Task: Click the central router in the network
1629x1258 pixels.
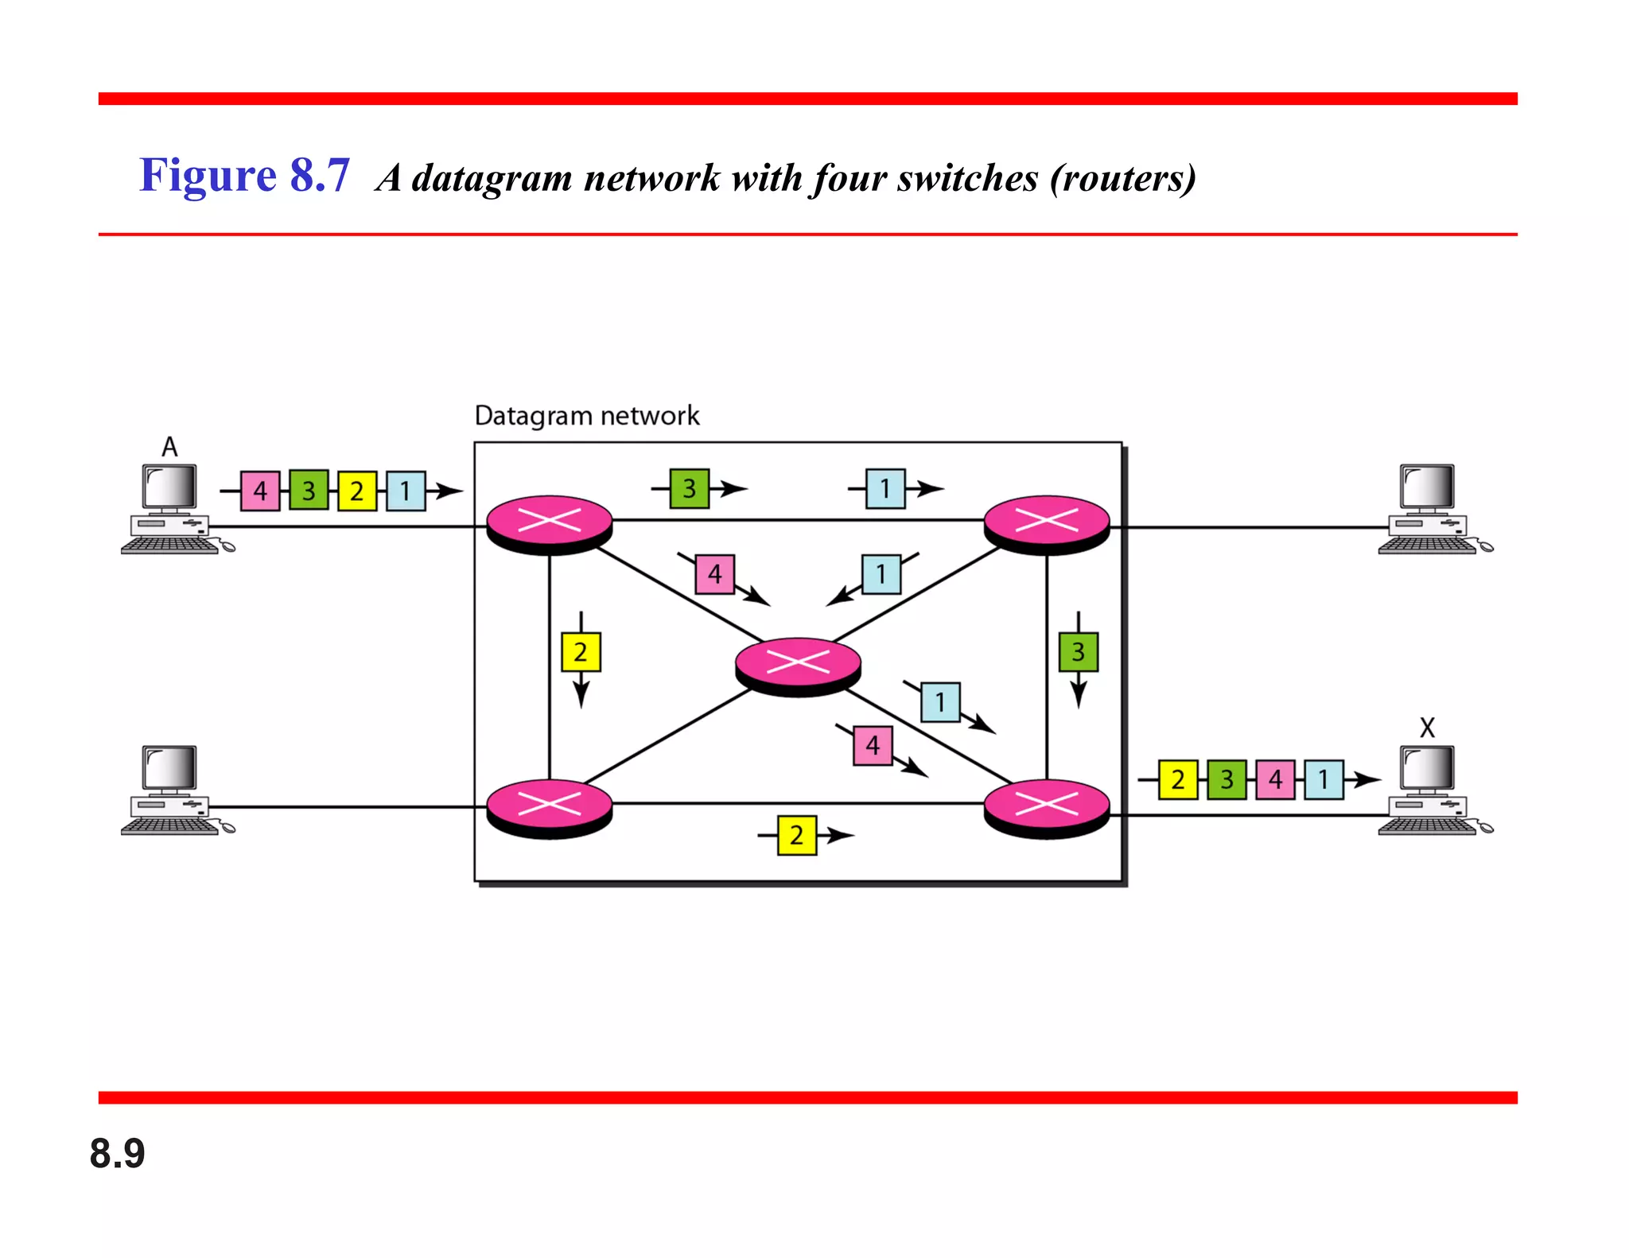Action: (x=798, y=664)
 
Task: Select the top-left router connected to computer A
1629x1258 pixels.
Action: (x=550, y=522)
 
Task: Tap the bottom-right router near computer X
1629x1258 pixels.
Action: (x=1047, y=806)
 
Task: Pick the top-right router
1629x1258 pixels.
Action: (x=1047, y=522)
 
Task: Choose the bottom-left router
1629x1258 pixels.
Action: (x=550, y=806)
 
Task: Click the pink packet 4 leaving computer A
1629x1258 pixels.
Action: (x=260, y=491)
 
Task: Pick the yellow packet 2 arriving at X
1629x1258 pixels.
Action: (x=1178, y=779)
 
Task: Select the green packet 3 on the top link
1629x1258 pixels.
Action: (x=689, y=488)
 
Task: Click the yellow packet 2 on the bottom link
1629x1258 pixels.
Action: (x=796, y=835)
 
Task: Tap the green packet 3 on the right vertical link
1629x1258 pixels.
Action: (x=1078, y=652)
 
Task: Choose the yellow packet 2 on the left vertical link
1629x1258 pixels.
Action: (x=581, y=652)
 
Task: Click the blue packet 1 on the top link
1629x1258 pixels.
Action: (x=885, y=488)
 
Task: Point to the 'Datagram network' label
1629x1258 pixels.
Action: (x=587, y=415)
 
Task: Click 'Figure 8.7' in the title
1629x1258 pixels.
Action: (x=244, y=175)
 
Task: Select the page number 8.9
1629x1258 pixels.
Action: (x=118, y=1153)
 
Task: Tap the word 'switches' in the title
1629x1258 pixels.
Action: (x=967, y=178)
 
